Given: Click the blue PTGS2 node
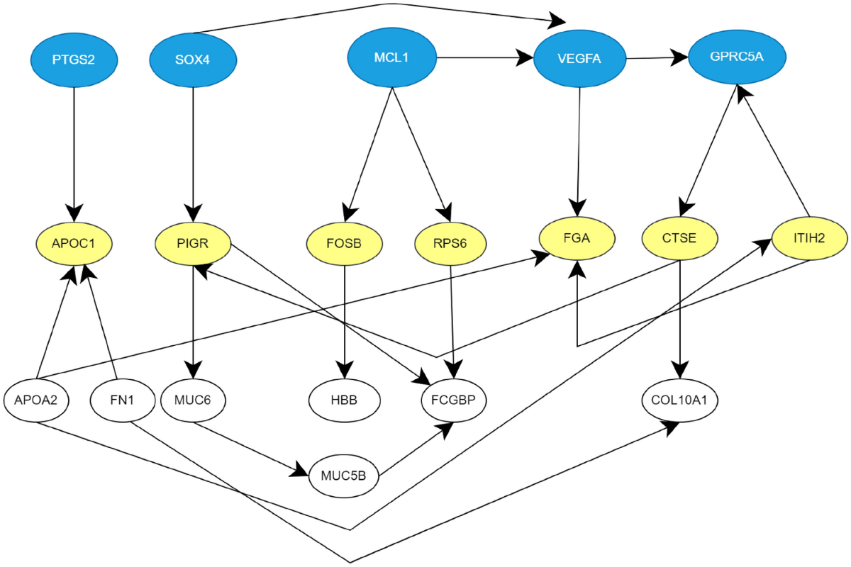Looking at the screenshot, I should click(73, 60).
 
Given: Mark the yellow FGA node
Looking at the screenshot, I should click(577, 239).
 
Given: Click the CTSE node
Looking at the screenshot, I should click(679, 239).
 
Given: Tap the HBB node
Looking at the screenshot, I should click(345, 400).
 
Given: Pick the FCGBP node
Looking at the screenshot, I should click(454, 400).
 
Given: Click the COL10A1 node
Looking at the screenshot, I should click(679, 400).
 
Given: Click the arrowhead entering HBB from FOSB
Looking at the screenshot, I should click(345, 372).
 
